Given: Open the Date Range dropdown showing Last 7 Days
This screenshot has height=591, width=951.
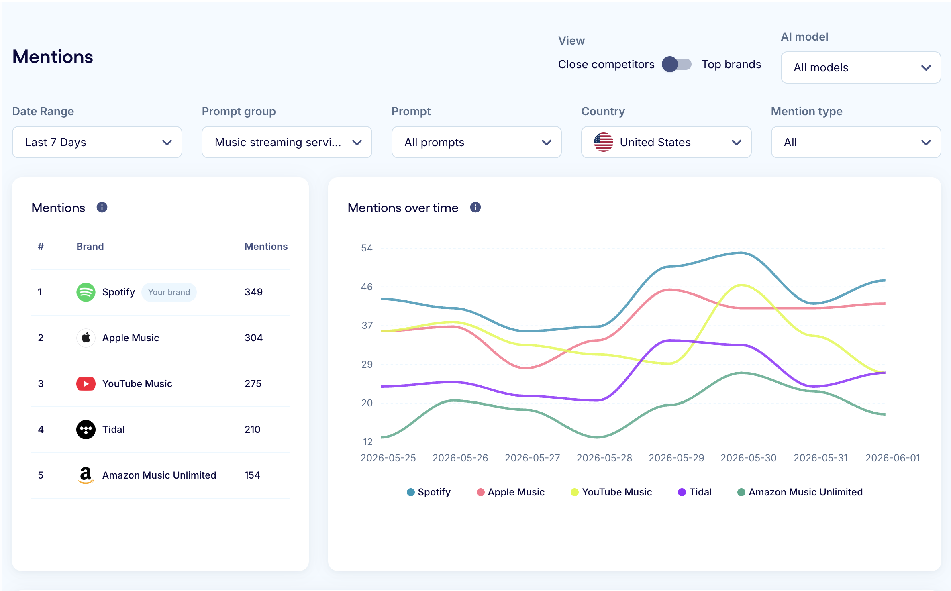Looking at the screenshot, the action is click(97, 142).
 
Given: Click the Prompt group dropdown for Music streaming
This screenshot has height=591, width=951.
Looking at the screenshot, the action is click(287, 142).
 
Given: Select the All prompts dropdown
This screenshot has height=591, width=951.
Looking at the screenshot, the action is click(476, 142).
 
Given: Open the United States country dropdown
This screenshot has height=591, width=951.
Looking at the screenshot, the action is click(666, 142).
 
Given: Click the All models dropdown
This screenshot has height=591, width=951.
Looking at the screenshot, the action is click(861, 67).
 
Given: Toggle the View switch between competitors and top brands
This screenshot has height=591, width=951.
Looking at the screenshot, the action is click(677, 64).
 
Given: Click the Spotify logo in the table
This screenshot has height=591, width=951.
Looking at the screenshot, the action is click(86, 292).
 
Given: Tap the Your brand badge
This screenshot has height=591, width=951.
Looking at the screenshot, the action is click(169, 292).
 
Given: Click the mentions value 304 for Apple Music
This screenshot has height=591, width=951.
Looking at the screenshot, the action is click(254, 338).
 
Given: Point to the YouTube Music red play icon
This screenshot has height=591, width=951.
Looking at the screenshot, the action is click(86, 384).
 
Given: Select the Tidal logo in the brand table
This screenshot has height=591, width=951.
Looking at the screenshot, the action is click(86, 430).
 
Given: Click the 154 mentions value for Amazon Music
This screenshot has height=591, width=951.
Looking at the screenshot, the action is click(253, 475).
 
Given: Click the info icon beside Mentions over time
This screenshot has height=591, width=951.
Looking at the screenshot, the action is click(475, 208).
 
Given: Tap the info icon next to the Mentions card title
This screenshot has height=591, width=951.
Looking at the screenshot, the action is click(102, 208).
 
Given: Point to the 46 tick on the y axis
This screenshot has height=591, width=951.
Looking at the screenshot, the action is click(367, 287).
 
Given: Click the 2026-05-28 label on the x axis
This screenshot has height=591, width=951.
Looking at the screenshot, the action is click(604, 458).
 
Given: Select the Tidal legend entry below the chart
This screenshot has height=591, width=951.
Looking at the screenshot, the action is click(695, 492).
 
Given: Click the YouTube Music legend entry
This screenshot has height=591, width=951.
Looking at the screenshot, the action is click(611, 492).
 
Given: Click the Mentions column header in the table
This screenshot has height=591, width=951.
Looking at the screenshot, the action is click(266, 247).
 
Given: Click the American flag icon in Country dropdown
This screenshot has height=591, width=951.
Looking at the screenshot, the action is click(604, 142).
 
